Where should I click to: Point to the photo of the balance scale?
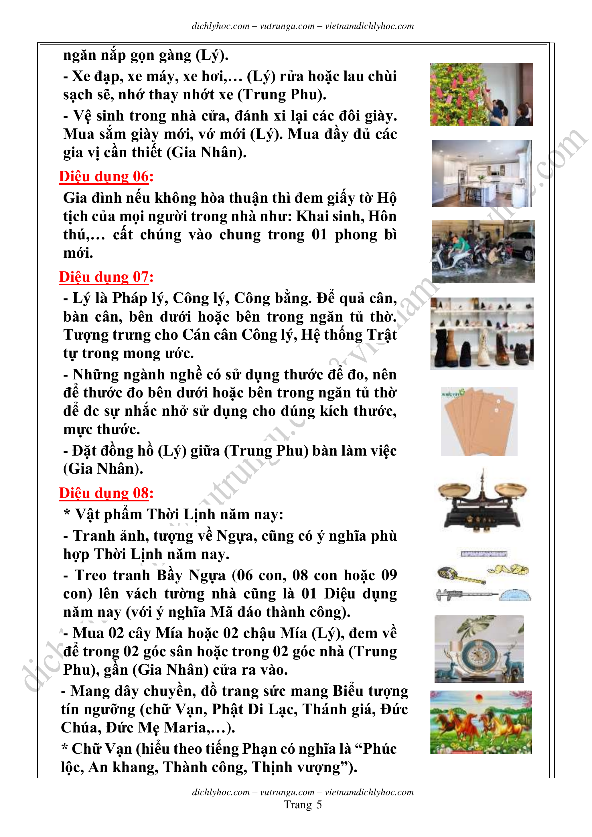point(482,502)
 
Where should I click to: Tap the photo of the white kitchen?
point(481,173)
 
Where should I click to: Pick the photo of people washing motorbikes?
point(483,251)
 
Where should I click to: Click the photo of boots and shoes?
point(482,334)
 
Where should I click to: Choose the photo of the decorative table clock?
point(479,649)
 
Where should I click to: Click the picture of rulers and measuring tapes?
point(483,576)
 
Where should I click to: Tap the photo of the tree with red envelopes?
point(481,94)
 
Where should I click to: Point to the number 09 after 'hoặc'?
point(388,575)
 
